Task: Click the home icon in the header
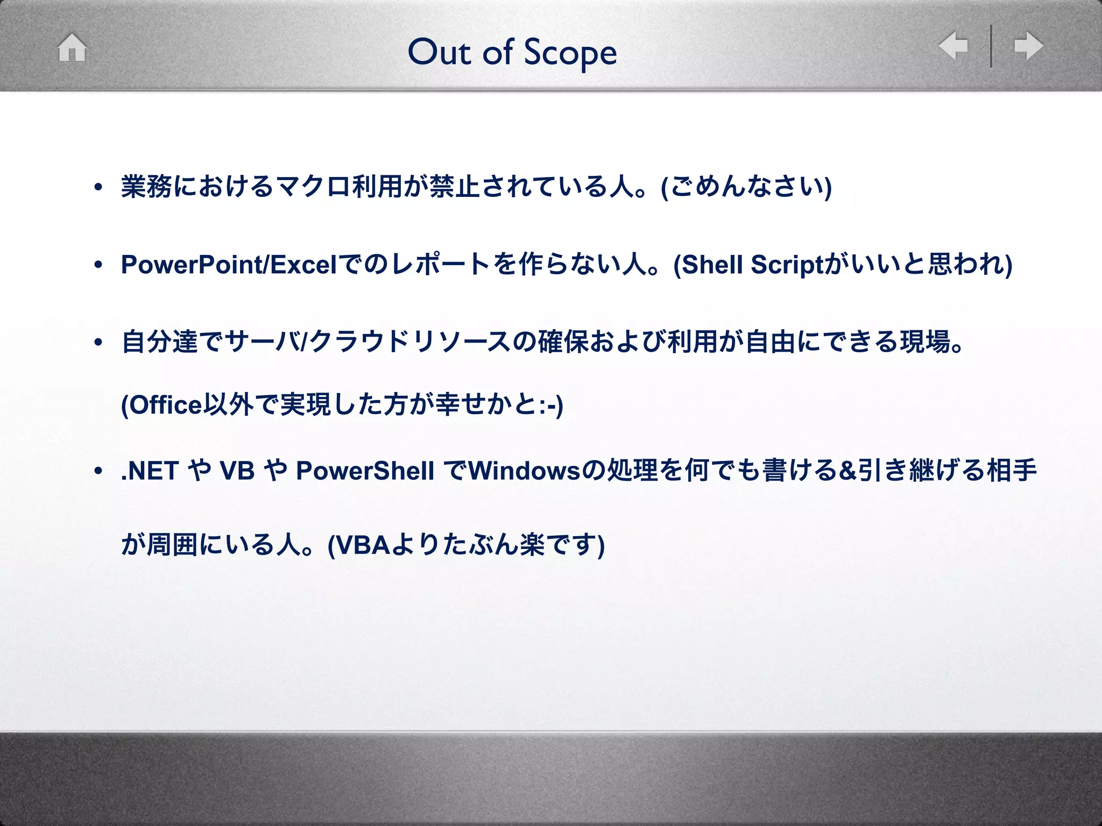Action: pos(72,47)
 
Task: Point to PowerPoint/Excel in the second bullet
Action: pos(229,265)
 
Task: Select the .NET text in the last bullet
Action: pos(150,471)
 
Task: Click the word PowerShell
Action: pos(365,471)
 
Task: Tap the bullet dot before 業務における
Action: pos(98,188)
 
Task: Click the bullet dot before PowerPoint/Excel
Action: pos(98,265)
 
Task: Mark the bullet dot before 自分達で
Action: pos(98,343)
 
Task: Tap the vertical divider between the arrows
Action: pos(991,46)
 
